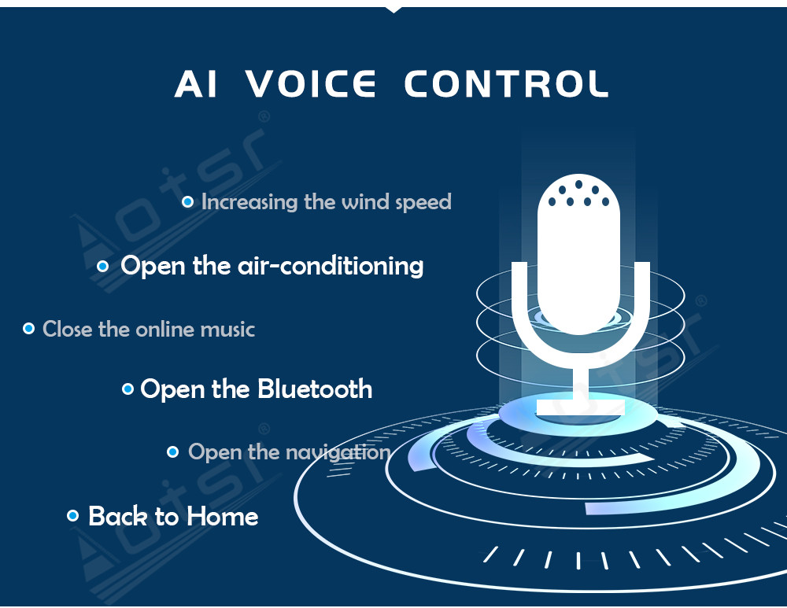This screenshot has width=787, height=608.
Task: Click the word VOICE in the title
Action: (311, 84)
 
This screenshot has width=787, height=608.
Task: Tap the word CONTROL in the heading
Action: (506, 84)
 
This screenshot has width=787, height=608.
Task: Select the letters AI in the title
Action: (196, 84)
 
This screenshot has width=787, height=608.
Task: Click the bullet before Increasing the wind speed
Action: (187, 202)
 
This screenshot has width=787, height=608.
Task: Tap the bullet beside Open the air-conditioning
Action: (102, 266)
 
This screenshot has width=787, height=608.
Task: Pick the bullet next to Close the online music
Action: (29, 329)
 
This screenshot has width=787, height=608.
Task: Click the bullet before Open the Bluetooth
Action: (128, 389)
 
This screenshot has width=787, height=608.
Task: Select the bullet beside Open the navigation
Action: (172, 452)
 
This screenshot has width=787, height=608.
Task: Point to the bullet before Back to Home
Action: (72, 516)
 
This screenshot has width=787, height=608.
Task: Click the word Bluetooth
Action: (315, 389)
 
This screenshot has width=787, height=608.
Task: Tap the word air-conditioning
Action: (331, 265)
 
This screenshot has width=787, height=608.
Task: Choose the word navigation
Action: (338, 453)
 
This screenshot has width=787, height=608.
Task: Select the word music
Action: (227, 330)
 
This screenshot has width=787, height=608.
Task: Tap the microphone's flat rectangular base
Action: (581, 407)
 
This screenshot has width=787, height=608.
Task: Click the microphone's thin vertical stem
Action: (582, 383)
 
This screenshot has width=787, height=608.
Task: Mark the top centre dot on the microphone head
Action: (578, 184)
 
